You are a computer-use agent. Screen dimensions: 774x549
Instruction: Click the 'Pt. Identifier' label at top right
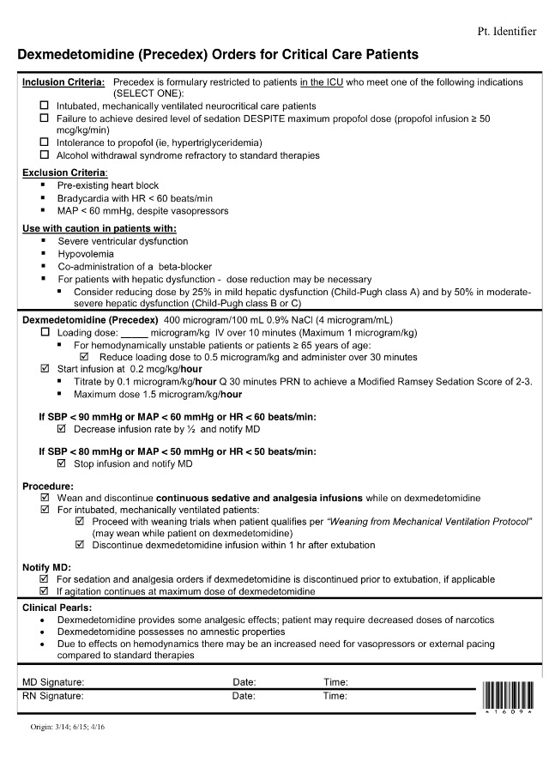pos(505,32)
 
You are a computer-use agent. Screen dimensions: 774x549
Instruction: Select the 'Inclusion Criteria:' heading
pos(63,82)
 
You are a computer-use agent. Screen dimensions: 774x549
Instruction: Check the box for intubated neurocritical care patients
pos(45,106)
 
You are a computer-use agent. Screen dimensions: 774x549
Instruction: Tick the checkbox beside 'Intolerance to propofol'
pos(45,142)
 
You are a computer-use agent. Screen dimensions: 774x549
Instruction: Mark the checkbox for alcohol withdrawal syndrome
pos(45,155)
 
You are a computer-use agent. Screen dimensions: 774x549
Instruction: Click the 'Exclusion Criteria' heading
pos(57,172)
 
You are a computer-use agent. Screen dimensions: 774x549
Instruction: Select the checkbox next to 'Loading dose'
pos(45,332)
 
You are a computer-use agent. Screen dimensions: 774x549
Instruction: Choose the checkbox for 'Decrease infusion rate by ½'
pos(62,428)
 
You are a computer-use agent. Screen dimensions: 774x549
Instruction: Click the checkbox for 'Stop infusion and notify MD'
pos(62,464)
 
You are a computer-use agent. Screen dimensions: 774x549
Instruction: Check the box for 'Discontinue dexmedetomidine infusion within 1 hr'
pos(81,545)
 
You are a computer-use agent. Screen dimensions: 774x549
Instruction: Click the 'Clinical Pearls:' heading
pos(57,608)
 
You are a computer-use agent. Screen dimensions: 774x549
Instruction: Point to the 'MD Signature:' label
pos(53,682)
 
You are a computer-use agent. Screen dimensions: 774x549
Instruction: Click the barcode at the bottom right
pos(508,694)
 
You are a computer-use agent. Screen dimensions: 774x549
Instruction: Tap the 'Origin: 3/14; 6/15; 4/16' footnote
pos(68,727)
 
